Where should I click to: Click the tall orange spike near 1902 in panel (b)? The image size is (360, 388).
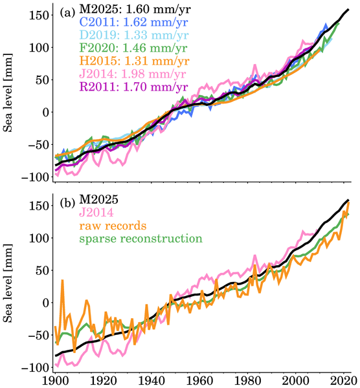[63, 281]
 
